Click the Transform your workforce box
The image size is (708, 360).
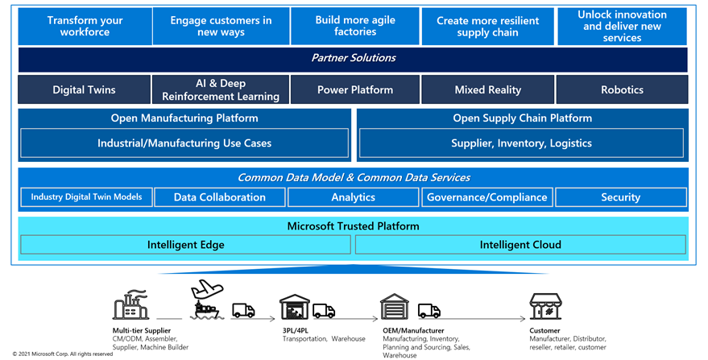(x=85, y=27)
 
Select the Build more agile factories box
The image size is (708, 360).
(x=354, y=27)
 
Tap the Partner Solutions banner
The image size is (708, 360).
(x=354, y=59)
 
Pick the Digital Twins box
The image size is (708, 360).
(x=85, y=89)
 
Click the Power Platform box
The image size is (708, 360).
(x=354, y=89)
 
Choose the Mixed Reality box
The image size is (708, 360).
(x=487, y=89)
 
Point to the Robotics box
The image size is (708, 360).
(x=622, y=89)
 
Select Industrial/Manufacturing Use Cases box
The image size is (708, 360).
(x=184, y=143)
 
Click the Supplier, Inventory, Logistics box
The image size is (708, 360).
(x=521, y=143)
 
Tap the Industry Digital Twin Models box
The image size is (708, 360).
(x=86, y=197)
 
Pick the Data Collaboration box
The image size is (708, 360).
(x=219, y=197)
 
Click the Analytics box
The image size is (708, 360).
(x=354, y=197)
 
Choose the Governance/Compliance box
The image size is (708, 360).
(x=487, y=197)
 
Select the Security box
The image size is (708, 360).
(x=620, y=197)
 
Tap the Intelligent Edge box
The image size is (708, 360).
(x=185, y=245)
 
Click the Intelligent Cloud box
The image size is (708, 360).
(x=520, y=245)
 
